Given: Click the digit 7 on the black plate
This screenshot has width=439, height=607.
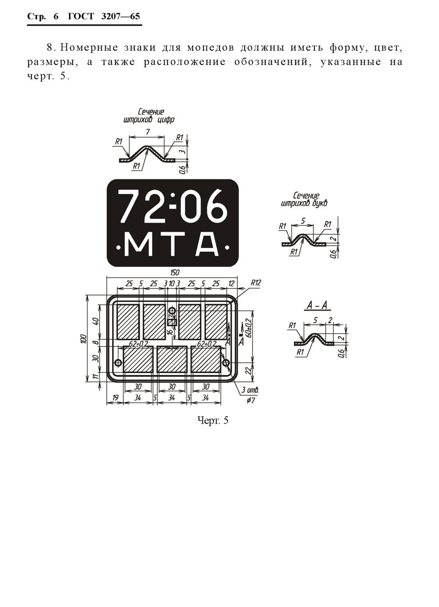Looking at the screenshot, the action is (x=130, y=206).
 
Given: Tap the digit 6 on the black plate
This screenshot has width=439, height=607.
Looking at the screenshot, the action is (x=215, y=206).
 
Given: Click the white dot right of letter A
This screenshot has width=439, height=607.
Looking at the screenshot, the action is (x=227, y=247).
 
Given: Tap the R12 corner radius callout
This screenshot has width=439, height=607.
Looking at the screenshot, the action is (x=256, y=283).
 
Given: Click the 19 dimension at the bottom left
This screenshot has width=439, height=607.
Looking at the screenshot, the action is (x=115, y=397).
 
